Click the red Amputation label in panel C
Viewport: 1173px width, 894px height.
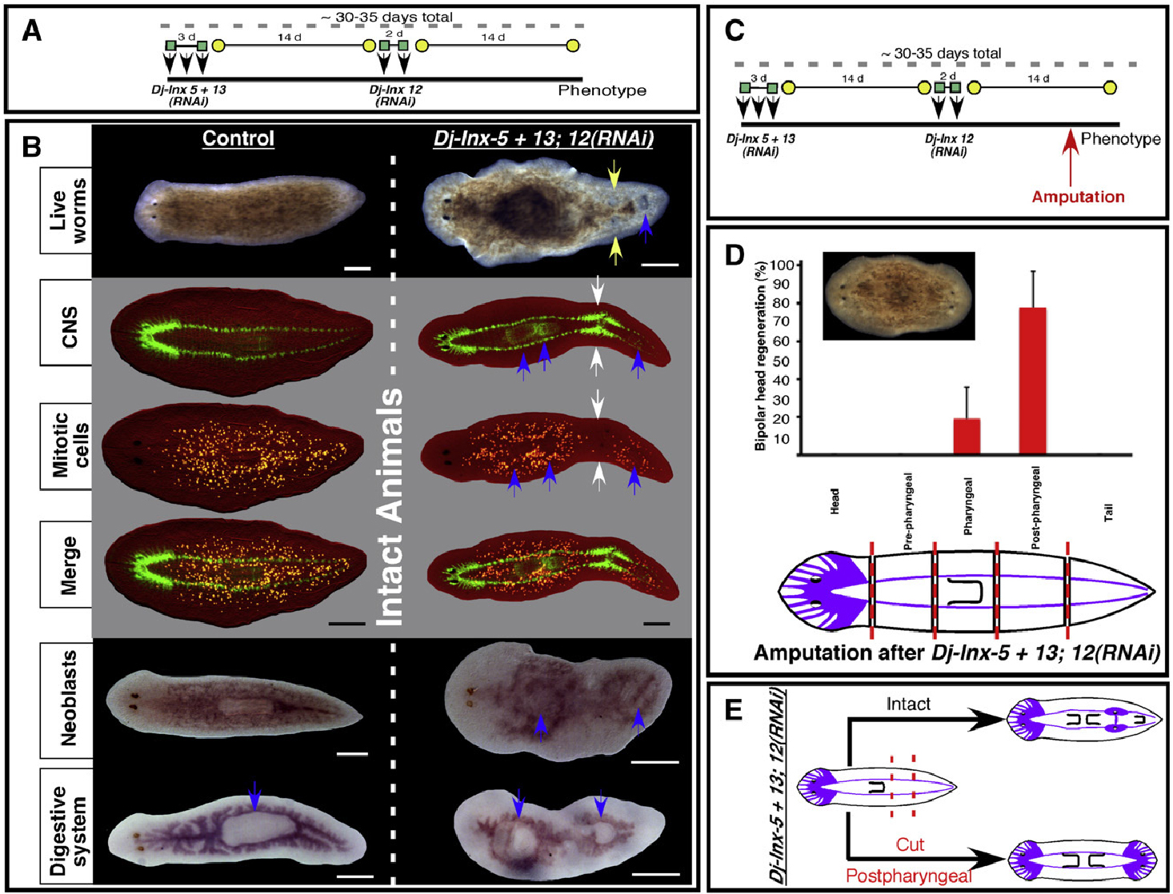[x=1078, y=197]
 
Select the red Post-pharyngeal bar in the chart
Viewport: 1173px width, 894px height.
[x=1032, y=381]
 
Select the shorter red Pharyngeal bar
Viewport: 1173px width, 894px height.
[x=967, y=436]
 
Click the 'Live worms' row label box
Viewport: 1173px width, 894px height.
[x=67, y=210]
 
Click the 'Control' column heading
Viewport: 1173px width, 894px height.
[x=238, y=138]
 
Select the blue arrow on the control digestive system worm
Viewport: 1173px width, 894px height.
[x=254, y=796]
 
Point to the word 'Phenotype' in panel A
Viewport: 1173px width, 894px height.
[x=602, y=90]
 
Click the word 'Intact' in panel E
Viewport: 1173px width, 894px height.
[x=908, y=704]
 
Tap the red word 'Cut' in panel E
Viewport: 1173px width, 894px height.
[x=910, y=844]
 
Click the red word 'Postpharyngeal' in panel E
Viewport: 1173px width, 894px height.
[x=909, y=876]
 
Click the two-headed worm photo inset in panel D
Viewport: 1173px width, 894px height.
[x=898, y=296]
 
